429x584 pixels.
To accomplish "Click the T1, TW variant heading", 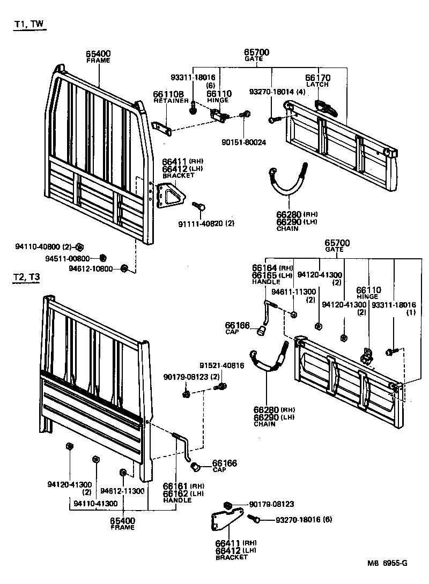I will point(29,25).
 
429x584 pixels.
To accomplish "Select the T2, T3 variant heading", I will point(27,277).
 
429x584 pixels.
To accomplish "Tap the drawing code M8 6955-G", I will point(387,563).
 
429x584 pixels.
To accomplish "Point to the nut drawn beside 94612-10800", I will point(123,268).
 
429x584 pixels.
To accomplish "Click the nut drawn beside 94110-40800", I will point(79,247).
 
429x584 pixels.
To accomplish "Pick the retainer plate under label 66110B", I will point(162,126).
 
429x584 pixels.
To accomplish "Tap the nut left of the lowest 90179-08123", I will point(227,505).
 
